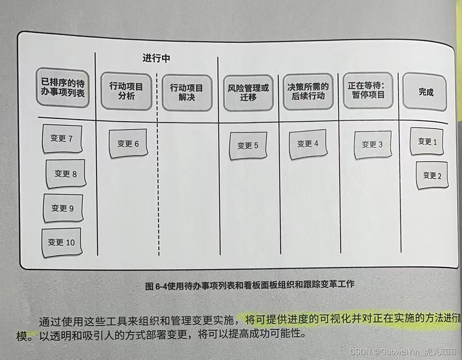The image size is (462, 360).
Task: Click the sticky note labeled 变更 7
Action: tap(62, 139)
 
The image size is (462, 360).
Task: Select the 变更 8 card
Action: tap(65, 174)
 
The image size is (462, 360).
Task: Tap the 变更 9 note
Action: tap(63, 208)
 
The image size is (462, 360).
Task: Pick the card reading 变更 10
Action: tap(61, 242)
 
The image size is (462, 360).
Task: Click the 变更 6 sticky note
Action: tap(128, 144)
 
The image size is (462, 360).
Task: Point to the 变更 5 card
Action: tap(248, 145)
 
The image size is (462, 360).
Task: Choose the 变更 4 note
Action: tap(308, 144)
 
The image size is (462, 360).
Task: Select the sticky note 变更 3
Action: tap(372, 145)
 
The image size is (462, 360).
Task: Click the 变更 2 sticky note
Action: tap(432, 175)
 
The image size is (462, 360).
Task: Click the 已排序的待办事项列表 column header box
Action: tap(62, 88)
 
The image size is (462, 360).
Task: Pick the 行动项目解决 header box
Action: tap(187, 92)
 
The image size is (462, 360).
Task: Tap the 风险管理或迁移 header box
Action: tap(248, 92)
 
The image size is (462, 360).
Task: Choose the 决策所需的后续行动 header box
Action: tap(308, 91)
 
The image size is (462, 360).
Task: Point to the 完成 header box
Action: tap(426, 92)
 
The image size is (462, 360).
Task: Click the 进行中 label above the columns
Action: tap(156, 59)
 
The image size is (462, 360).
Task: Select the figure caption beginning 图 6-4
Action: tap(250, 285)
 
